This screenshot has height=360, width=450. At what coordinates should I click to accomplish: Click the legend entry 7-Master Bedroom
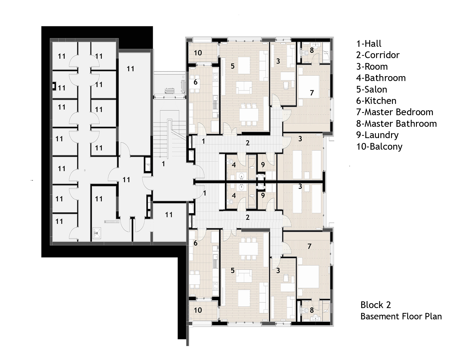coord(394,112)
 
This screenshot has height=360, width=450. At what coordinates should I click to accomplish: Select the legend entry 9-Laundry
coord(377,135)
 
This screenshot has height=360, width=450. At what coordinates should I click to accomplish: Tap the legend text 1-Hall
coord(368,44)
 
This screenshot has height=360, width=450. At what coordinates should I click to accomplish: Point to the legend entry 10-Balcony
coord(379,147)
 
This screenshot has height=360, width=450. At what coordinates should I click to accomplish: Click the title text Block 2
coord(375,305)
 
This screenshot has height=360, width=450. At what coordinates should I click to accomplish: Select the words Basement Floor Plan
coord(401,316)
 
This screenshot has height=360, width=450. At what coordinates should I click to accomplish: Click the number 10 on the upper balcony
coord(198,53)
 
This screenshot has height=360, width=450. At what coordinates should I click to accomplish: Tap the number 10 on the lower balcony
coord(198,310)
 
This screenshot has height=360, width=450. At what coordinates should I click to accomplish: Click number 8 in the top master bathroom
coord(312,50)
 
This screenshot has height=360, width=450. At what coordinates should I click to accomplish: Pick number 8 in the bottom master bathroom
coord(312,310)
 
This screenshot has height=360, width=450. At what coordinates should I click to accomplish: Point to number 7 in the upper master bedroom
coord(312,93)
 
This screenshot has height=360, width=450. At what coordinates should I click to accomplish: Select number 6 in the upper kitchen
coord(195,82)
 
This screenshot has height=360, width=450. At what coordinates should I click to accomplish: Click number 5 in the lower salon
coord(232,271)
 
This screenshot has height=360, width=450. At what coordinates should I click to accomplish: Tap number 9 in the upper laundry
coord(263,165)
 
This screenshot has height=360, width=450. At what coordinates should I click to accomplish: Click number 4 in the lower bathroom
coord(233,196)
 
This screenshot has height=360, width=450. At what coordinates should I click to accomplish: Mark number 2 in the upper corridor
coord(247,143)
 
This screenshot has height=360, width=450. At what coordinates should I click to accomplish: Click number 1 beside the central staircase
coord(163,164)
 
